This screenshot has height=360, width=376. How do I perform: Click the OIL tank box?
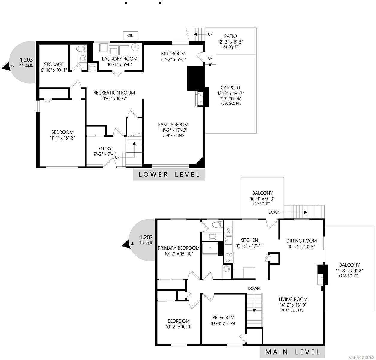coord(130,36)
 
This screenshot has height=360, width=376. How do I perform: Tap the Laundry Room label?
coord(120,59)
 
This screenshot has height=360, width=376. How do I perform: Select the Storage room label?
coord(54,64)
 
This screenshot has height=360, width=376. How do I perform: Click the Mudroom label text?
coord(173,54)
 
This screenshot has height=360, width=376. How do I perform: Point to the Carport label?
coord(231,88)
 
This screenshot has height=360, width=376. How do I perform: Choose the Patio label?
coord(230,36)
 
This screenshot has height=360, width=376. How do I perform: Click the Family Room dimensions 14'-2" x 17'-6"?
coord(173,130)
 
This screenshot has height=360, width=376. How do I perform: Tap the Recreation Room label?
coord(114,93)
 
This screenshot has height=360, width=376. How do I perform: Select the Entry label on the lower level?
coord(105,148)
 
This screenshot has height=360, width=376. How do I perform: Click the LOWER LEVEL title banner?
coord(169,175)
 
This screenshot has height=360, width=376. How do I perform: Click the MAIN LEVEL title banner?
coord(292,352)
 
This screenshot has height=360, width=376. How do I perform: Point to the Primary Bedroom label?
coord(179,248)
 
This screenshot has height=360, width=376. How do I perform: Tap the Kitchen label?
coord(249,240)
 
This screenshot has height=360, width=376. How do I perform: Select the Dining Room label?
coord(301,241)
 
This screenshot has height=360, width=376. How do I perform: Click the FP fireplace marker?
coord(320,281)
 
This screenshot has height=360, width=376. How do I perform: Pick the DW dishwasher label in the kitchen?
coord(228,230)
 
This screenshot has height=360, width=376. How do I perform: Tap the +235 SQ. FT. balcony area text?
coord(348,276)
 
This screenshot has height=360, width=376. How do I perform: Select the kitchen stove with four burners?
coord(229,258)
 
